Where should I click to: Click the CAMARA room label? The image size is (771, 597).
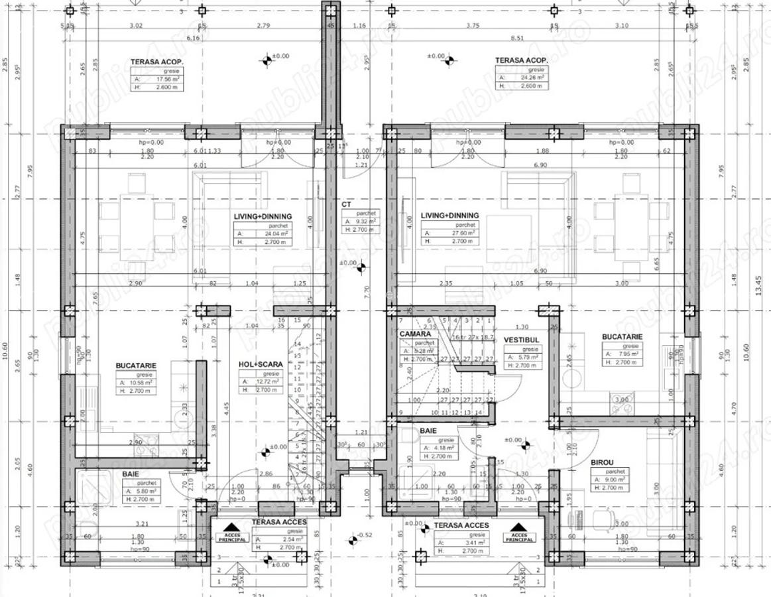[x=415, y=334]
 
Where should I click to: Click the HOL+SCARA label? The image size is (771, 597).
[x=261, y=364]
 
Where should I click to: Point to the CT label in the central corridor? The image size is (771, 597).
[x=346, y=205]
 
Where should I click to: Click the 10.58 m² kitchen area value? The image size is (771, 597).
[x=140, y=383]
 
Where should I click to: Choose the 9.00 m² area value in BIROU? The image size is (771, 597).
[x=611, y=480]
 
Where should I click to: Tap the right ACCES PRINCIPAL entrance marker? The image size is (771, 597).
[x=520, y=535]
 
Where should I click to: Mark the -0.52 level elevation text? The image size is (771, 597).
[x=365, y=535]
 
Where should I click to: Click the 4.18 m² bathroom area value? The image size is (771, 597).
[x=441, y=448]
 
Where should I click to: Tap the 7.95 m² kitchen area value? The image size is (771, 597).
[x=620, y=354]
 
